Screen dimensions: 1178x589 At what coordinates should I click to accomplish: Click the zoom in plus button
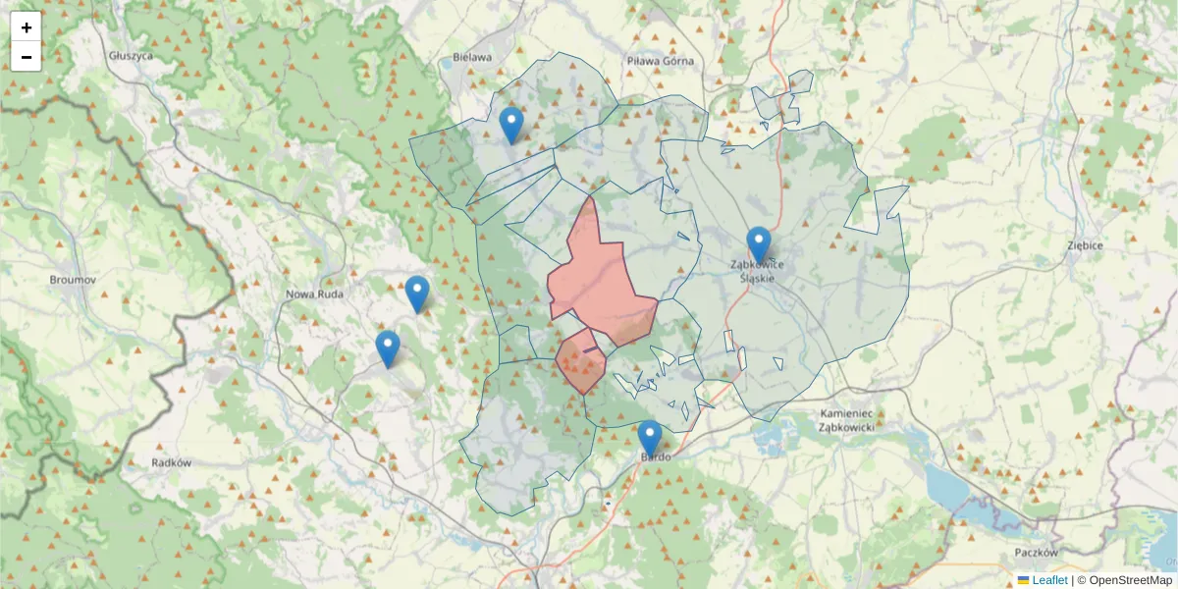[27, 27]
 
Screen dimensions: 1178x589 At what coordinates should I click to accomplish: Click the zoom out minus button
[27, 57]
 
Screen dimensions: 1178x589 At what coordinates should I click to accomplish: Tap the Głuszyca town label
[132, 56]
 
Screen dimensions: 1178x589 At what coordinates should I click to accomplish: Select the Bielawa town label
[471, 57]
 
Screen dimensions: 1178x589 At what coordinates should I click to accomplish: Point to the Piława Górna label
[660, 61]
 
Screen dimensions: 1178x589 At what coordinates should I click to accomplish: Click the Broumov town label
[73, 280]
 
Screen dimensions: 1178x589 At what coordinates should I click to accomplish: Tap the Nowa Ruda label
[312, 294]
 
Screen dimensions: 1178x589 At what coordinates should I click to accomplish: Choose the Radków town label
[171, 461]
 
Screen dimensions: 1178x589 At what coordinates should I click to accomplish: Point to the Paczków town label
[1037, 553]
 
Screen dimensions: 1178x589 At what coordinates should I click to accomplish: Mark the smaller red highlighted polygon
[580, 362]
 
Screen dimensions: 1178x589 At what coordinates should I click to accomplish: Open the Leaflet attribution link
[1048, 580]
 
